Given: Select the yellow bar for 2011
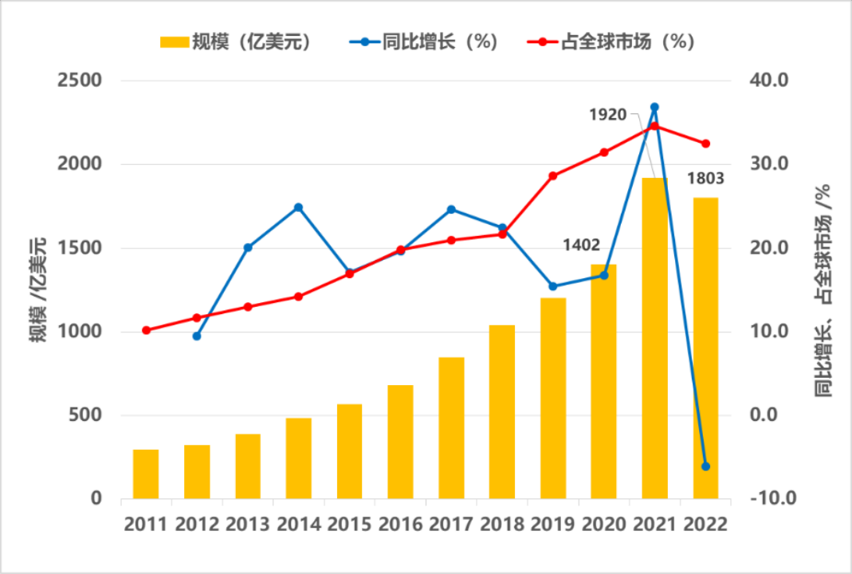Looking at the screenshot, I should click(146, 474).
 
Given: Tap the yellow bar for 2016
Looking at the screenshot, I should click(400, 442).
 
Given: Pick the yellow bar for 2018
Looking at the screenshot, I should click(502, 411).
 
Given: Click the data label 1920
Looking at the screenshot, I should click(607, 116).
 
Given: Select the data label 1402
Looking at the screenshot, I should click(581, 245).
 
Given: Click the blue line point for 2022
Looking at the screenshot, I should click(705, 466).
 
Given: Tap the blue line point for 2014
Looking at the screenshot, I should click(298, 207).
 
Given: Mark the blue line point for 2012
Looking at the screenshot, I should click(197, 336).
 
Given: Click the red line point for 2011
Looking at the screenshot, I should click(146, 330).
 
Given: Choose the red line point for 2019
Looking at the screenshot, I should click(552, 175).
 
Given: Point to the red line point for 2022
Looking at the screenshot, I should click(705, 144).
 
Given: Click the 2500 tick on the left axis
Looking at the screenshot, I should click(79, 81).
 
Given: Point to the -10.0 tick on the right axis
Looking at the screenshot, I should click(767, 499).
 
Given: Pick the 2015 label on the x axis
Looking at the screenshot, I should click(349, 525).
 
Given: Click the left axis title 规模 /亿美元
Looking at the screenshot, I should click(37, 289).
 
